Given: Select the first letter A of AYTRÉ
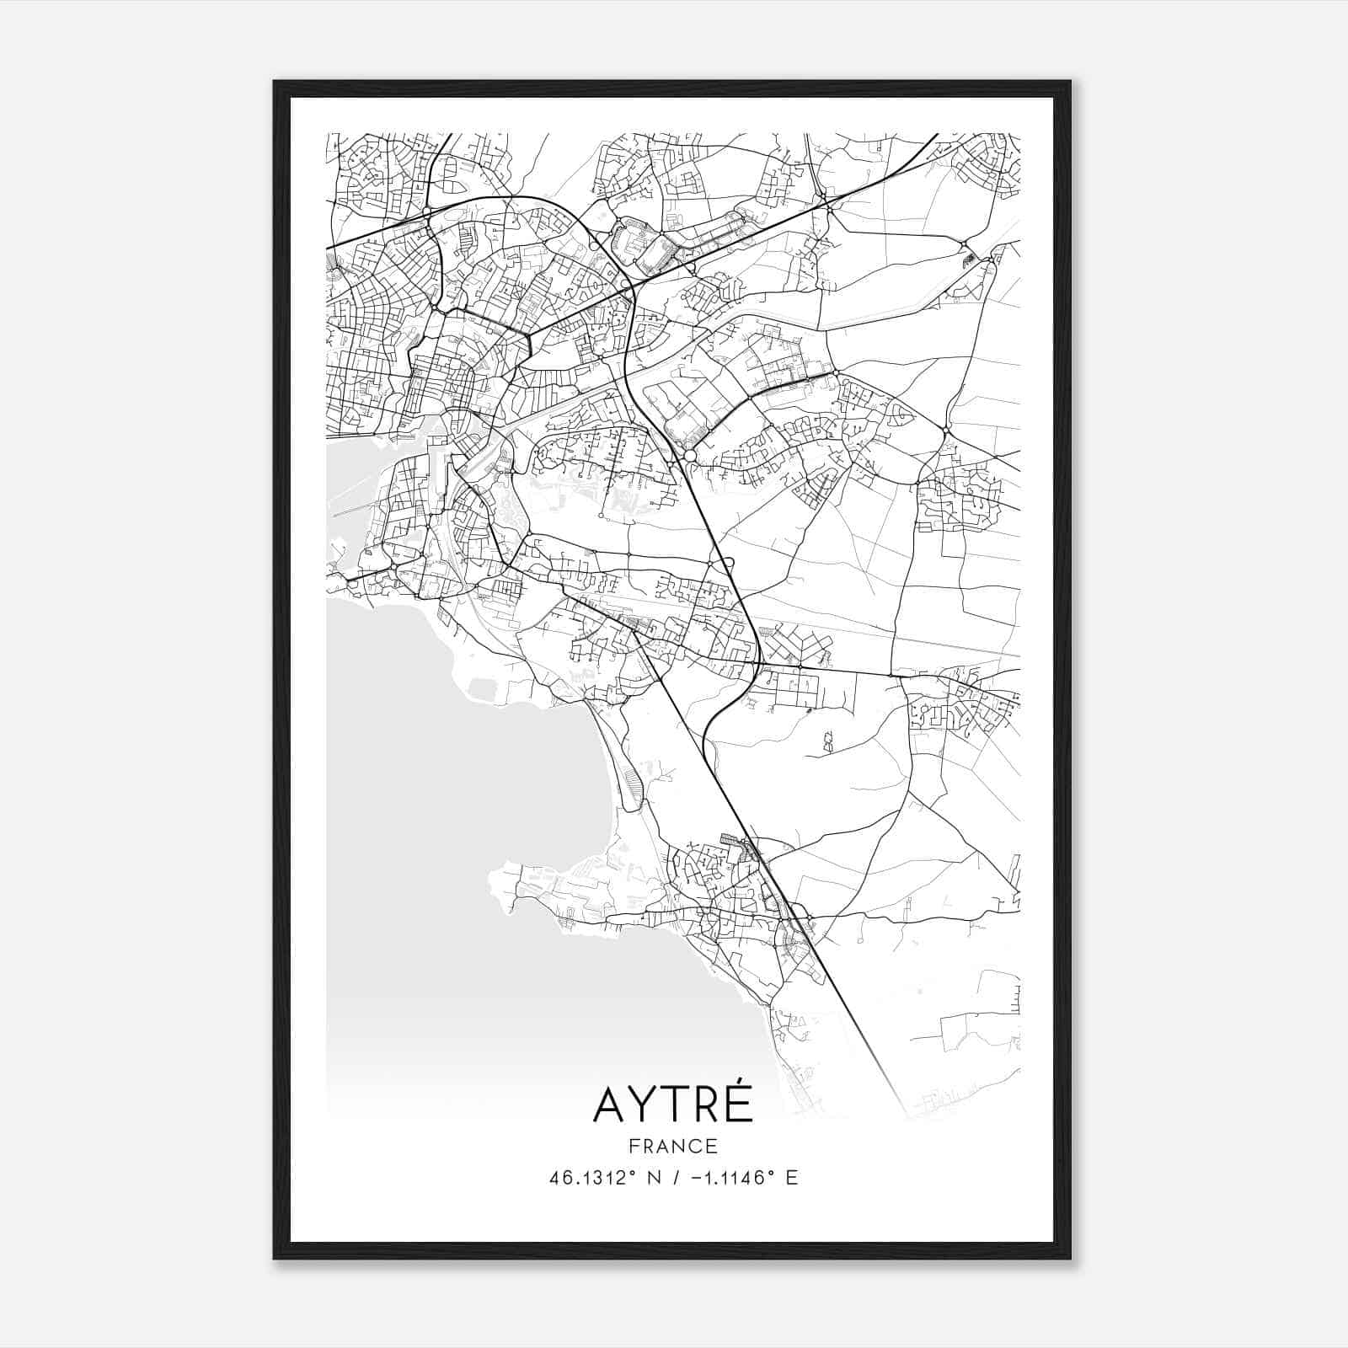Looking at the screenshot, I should (x=610, y=1105).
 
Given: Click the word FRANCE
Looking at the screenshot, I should (x=672, y=1146).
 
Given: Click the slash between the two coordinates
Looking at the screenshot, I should (x=671, y=1178).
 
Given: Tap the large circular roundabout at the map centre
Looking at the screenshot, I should (x=690, y=455).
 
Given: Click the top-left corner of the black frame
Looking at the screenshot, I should (x=275, y=83).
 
